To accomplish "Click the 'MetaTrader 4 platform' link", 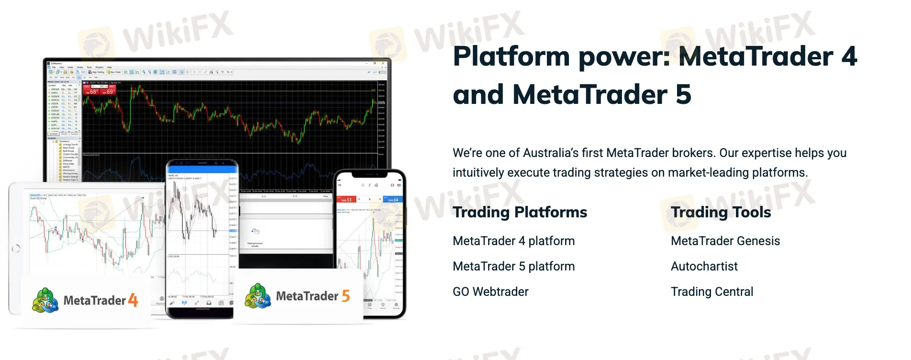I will click(x=513, y=241).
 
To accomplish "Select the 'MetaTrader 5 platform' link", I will click(x=513, y=266).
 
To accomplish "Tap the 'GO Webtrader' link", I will click(x=490, y=292).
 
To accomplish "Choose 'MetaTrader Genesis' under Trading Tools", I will click(x=725, y=241).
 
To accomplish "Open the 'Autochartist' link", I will click(x=704, y=266).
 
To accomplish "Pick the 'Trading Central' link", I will click(x=711, y=292).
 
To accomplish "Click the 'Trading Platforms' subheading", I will click(x=520, y=212).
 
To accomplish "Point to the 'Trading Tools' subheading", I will click(x=721, y=212).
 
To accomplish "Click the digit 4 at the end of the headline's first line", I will click(x=849, y=56).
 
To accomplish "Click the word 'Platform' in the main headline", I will click(x=511, y=56).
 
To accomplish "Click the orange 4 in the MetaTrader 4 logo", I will click(x=133, y=301).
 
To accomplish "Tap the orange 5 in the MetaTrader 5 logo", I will click(x=345, y=296).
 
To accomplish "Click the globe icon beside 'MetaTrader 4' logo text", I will click(x=45, y=300).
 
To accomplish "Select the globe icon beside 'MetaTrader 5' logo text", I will click(x=257, y=296).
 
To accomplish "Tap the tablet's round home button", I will click(x=16, y=248).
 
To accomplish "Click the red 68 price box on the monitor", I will click(x=91, y=91).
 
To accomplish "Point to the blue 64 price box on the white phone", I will click(x=393, y=199).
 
